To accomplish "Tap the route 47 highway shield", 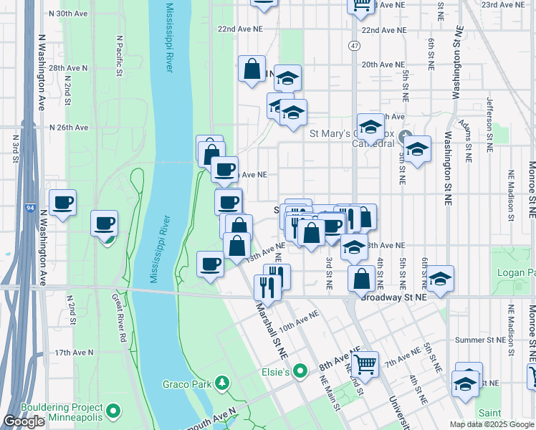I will pyautogui.click(x=355, y=45).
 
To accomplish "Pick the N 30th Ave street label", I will pyautogui.click(x=69, y=14).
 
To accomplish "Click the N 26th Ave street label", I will pyautogui.click(x=68, y=128).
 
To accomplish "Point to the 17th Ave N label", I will pyautogui.click(x=74, y=352).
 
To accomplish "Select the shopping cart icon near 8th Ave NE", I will pyautogui.click(x=365, y=364).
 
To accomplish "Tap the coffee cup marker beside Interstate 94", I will pyautogui.click(x=62, y=203).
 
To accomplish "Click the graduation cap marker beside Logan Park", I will pyautogui.click(x=441, y=278).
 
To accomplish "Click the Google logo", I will pyautogui.click(x=24, y=421).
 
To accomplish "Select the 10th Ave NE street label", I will pyautogui.click(x=299, y=321).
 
